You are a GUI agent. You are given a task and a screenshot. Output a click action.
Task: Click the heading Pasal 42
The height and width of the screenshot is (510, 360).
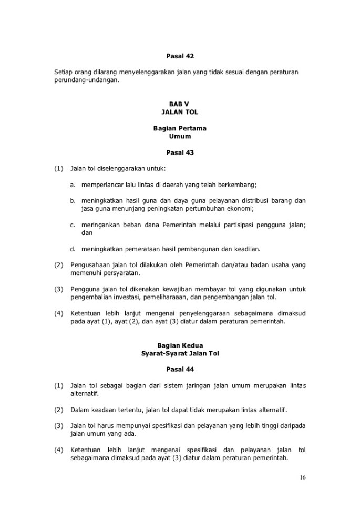pyautogui.click(x=180, y=55)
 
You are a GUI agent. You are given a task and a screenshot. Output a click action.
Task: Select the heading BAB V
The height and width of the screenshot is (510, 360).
pyautogui.click(x=180, y=105)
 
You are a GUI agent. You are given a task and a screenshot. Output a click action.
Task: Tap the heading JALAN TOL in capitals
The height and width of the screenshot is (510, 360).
pyautogui.click(x=180, y=112)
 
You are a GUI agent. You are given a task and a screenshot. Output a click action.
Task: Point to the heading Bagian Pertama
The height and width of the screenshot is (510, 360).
pyautogui.click(x=180, y=129)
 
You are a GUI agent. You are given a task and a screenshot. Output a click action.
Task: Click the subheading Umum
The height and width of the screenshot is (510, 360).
pyautogui.click(x=180, y=136)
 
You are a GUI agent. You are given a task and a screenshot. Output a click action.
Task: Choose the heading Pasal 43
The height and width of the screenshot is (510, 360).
pyautogui.click(x=180, y=153)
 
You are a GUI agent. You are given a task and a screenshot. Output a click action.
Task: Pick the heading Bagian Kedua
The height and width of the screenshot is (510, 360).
pyautogui.click(x=180, y=345)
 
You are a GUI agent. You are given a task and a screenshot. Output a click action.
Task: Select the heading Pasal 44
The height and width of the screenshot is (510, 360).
pyautogui.click(x=180, y=370)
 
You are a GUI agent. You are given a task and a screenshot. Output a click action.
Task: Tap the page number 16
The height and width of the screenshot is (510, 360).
pyautogui.click(x=303, y=477)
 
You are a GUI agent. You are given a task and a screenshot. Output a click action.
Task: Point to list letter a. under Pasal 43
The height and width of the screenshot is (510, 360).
pyautogui.click(x=73, y=185)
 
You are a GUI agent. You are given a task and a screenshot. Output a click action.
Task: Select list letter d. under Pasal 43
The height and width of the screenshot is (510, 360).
pyautogui.click(x=73, y=249)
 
